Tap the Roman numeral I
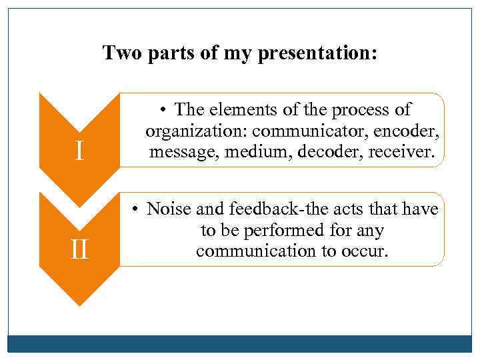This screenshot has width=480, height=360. point(79,152)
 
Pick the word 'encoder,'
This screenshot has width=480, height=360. point(411,131)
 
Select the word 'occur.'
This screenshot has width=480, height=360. point(364,252)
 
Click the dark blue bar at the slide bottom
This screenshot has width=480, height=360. point(240,343)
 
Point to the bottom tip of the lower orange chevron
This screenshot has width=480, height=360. point(79,304)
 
